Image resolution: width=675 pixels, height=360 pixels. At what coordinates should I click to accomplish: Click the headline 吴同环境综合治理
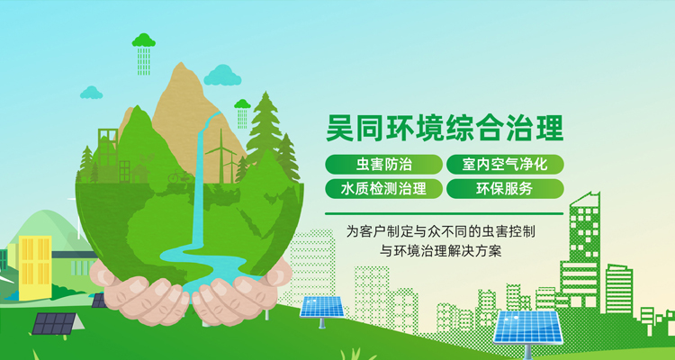pyautogui.click(x=445, y=128)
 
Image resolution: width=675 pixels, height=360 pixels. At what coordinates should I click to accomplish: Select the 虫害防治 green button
pyautogui.click(x=383, y=165)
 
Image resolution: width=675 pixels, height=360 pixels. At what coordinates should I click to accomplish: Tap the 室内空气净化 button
pyautogui.click(x=505, y=165)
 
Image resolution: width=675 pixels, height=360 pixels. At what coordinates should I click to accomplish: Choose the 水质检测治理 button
pyautogui.click(x=383, y=189)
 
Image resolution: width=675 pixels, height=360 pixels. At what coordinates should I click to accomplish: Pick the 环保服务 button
pyautogui.click(x=505, y=189)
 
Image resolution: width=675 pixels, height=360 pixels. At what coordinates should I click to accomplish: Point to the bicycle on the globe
pyautogui.click(x=181, y=176)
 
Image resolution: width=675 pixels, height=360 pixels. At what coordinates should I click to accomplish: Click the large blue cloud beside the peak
pyautogui.click(x=222, y=76)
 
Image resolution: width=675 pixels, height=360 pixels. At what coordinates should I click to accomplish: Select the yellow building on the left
pyautogui.click(x=35, y=267)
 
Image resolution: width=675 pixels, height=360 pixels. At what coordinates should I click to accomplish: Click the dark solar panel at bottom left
pyautogui.click(x=54, y=323)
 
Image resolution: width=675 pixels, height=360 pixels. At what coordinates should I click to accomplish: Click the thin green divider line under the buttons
pyautogui.click(x=445, y=213)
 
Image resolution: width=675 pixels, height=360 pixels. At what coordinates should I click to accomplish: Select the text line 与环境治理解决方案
pyautogui.click(x=441, y=250)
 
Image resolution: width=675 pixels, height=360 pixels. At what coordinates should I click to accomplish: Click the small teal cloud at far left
pyautogui.click(x=91, y=93)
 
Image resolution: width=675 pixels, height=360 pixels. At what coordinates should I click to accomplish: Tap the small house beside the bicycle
pyautogui.click(x=139, y=175)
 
